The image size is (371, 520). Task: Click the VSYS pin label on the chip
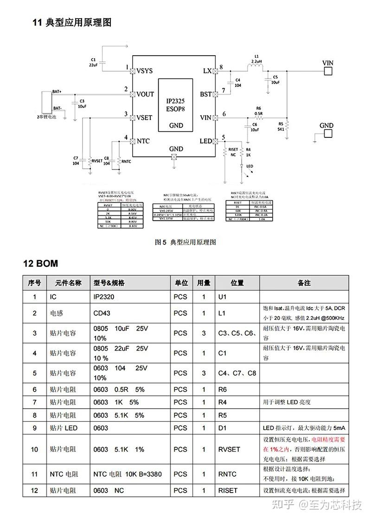point(145,71)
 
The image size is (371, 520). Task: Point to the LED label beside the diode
point(249,166)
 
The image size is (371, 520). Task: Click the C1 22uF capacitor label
point(93,63)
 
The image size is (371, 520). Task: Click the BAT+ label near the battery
point(57,91)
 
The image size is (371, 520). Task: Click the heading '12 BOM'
point(41,264)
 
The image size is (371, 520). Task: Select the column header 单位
point(181,283)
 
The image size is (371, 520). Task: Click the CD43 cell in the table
point(102,313)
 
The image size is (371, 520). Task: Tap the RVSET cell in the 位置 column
point(229,449)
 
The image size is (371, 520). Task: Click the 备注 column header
point(304,283)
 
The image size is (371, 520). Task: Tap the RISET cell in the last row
point(228,490)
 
